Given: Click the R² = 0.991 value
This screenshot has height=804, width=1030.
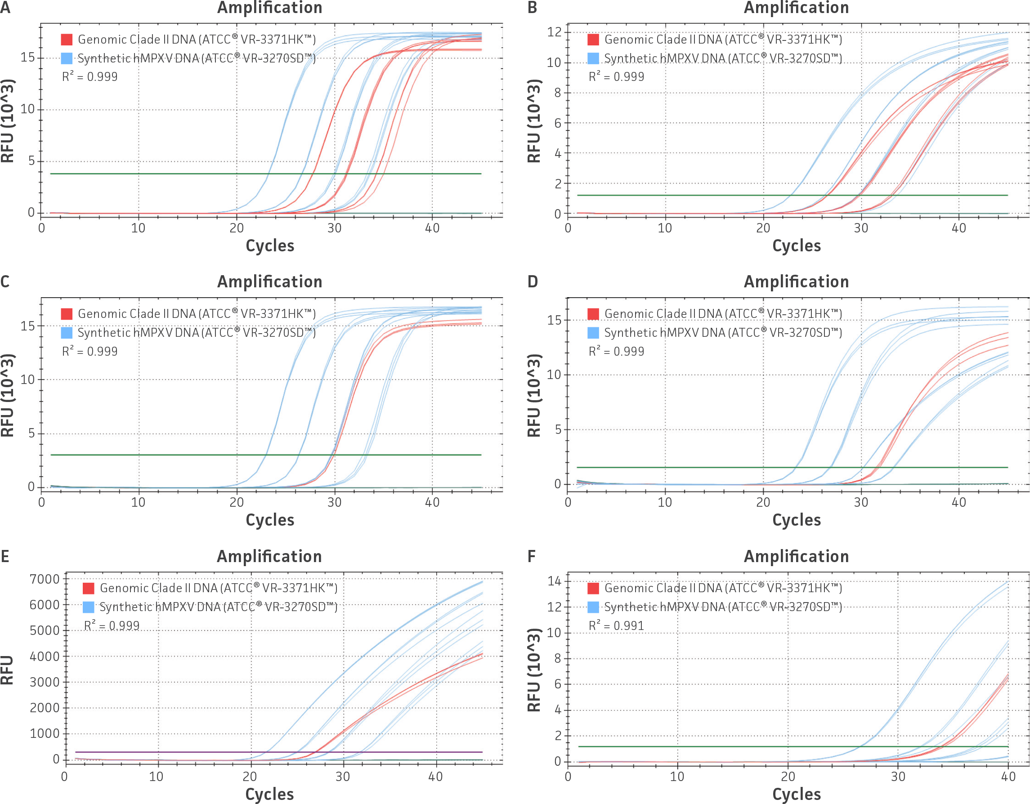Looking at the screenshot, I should point(616,626).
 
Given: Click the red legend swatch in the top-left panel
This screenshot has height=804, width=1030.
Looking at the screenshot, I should point(67,39).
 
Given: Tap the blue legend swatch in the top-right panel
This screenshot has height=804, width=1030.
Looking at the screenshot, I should point(593,58).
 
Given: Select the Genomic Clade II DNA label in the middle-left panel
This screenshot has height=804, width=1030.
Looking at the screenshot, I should point(197,314).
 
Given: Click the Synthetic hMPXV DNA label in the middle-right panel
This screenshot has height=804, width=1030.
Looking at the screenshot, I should point(722,333).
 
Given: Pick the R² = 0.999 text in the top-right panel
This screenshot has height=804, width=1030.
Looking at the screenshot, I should point(616,77).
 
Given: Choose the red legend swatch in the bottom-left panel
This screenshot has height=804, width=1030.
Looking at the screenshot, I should point(88,588).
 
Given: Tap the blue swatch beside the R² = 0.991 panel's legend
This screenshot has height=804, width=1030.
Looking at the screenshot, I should point(593,607).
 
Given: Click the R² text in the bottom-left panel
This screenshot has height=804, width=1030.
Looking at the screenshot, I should point(112,626).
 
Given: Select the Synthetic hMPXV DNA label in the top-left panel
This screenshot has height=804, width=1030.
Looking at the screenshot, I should point(197,58).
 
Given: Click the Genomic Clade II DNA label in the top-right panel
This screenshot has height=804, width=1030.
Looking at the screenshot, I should point(722,39).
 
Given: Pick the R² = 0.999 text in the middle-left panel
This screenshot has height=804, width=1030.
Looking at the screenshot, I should point(90,351).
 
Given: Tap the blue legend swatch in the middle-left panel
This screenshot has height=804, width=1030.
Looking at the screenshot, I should point(67,333).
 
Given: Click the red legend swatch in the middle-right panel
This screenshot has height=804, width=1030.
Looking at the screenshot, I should point(593,314).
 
